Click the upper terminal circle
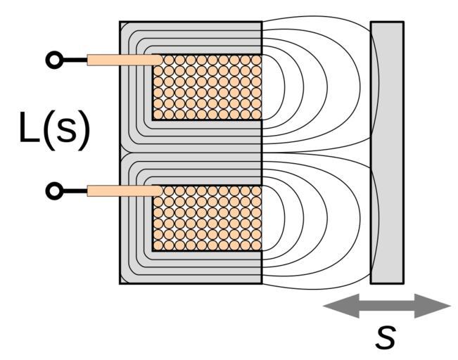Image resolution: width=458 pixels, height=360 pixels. click(53, 60)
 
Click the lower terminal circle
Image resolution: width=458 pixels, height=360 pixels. click(53, 191)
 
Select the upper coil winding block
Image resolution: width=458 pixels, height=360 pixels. click(207, 87)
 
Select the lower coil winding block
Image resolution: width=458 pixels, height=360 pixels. click(207, 218)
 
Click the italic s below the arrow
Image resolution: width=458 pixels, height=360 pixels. click(385, 337)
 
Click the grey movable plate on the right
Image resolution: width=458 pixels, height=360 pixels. click(387, 153)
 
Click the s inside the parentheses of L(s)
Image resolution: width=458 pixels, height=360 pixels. click(65, 131)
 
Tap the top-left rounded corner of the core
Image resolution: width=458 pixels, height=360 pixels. click(124, 26)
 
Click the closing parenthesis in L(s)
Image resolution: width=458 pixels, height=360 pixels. click(84, 130)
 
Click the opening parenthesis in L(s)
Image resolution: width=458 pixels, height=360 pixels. click(47, 130)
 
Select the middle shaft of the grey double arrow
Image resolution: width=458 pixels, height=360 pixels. click(387, 306)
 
